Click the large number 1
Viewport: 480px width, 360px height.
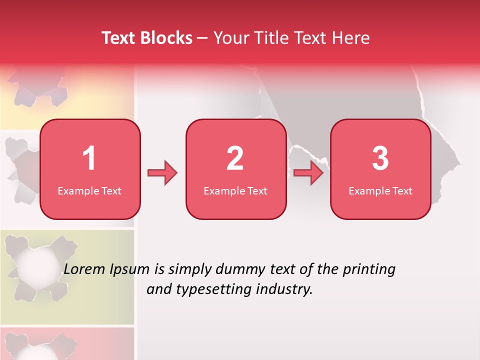click(x=89, y=158)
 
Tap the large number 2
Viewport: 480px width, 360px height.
click(x=235, y=158)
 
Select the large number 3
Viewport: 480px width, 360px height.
click(x=380, y=158)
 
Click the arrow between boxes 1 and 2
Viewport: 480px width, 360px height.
click(x=162, y=173)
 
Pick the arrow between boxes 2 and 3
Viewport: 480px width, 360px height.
click(x=308, y=173)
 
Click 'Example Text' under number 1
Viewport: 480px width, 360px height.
click(x=89, y=191)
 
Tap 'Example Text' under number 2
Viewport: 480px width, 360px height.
click(x=235, y=191)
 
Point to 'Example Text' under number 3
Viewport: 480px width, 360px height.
click(x=380, y=191)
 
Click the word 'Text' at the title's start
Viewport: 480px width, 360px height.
click(x=118, y=38)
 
